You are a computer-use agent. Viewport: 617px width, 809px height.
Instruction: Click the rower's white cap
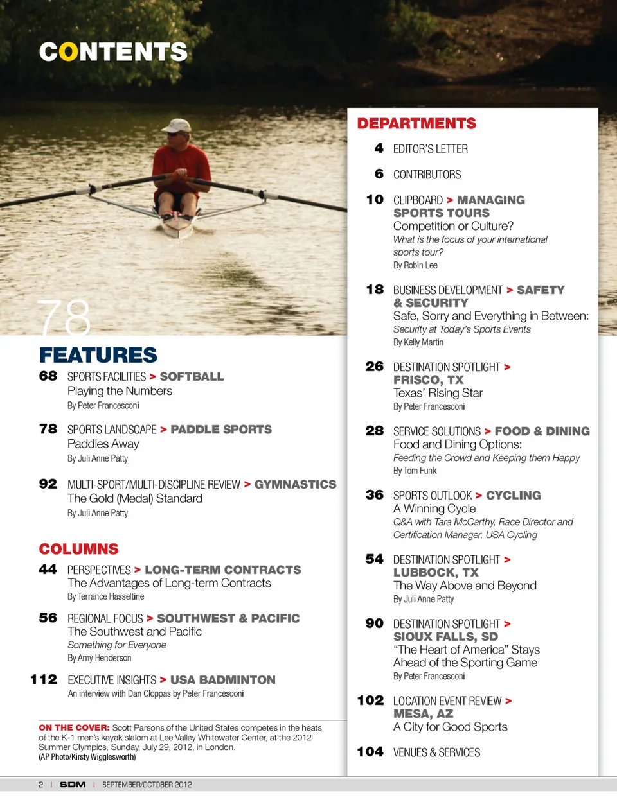point(177,125)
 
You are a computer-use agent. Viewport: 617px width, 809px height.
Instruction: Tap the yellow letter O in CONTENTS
point(68,52)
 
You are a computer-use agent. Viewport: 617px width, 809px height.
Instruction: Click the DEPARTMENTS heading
point(416,123)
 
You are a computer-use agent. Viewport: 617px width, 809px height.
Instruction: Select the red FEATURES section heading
point(98,355)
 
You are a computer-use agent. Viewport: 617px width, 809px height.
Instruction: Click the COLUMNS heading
point(78,549)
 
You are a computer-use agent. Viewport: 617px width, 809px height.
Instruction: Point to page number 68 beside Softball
point(48,376)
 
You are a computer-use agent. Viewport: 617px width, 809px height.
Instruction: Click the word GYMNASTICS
point(295,484)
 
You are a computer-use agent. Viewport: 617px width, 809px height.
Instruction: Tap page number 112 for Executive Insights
point(44,679)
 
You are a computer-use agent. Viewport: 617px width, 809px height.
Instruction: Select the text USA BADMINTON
point(222,679)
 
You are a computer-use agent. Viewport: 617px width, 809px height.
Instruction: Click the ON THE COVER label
point(74,727)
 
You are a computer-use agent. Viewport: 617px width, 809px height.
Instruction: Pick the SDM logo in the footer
point(73,785)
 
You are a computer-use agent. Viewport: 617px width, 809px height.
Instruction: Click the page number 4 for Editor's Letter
point(379,148)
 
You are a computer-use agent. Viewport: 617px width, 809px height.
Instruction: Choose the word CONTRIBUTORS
point(427,175)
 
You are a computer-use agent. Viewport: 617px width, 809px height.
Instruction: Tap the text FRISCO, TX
point(428,380)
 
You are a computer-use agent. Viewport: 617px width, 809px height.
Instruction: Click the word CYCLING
point(513,495)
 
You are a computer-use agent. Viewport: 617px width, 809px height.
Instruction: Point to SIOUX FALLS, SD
point(445,637)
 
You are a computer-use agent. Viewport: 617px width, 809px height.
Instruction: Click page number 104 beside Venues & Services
point(370,752)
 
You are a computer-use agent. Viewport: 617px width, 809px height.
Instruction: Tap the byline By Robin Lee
point(415,265)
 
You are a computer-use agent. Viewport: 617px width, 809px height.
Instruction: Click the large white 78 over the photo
point(64,318)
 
